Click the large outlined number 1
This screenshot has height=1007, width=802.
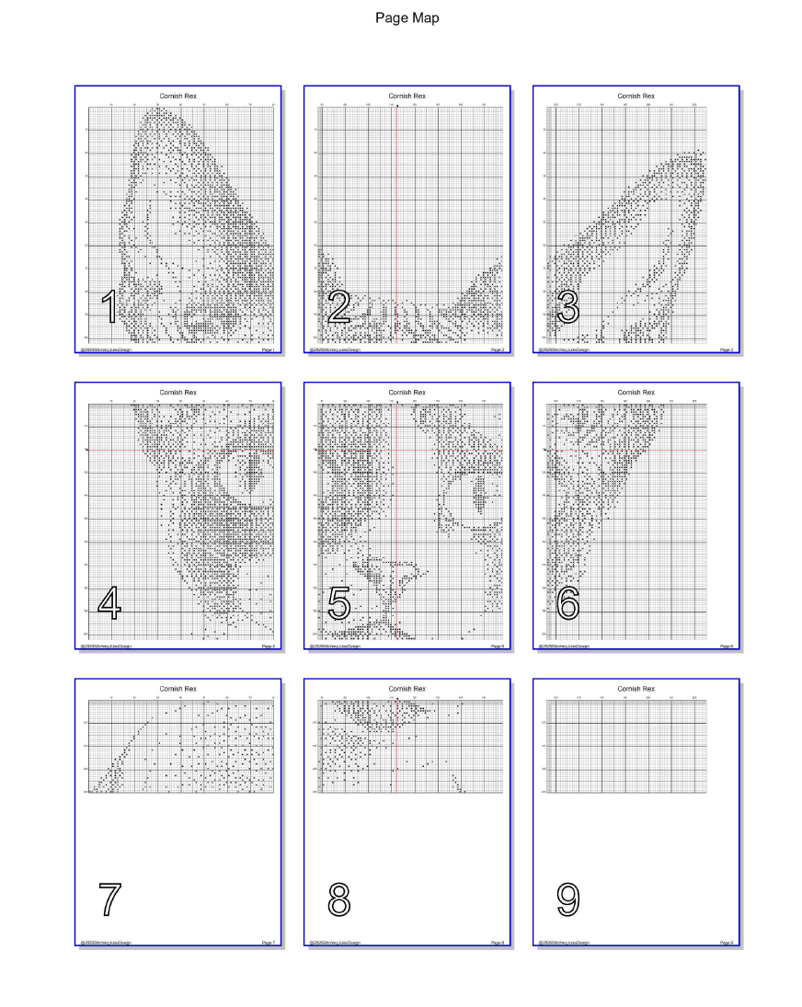pos(109,307)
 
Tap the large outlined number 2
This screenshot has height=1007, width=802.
pos(338,307)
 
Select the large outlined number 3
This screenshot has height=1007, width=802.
pos(567,307)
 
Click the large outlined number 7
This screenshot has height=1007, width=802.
pos(109,898)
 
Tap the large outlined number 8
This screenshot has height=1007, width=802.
pos(338,898)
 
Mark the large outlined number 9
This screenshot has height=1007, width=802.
pos(567,898)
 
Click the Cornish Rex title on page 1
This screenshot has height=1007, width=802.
pos(178,96)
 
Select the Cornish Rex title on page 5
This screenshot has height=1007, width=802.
pos(407,392)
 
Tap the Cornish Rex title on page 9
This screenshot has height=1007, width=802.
pos(636,688)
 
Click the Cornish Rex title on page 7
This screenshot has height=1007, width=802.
pos(178,688)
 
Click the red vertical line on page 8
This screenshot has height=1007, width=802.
pos(394,745)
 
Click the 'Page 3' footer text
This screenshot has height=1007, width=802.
pos(727,349)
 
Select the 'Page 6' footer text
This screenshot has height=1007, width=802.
pos(727,647)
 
